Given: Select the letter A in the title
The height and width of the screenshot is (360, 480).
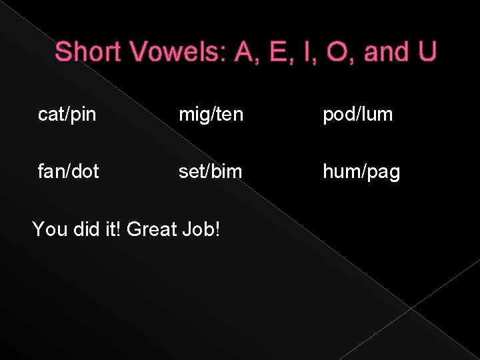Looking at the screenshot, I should (x=244, y=51).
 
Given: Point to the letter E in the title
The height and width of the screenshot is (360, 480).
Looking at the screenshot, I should (x=275, y=51).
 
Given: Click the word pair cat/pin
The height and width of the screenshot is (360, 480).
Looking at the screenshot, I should (x=67, y=115).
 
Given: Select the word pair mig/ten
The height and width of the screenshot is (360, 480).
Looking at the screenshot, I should (x=211, y=115).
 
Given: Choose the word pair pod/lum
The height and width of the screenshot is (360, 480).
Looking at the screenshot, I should (x=358, y=115).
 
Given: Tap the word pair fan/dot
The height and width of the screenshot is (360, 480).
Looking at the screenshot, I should (x=69, y=171).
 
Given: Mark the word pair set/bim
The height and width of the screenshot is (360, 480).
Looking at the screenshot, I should (x=210, y=171).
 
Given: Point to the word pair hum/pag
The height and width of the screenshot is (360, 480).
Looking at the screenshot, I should (x=361, y=172).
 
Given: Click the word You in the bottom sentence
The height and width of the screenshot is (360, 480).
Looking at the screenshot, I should (x=47, y=229).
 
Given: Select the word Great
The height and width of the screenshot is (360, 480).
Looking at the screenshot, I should (x=151, y=229).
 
